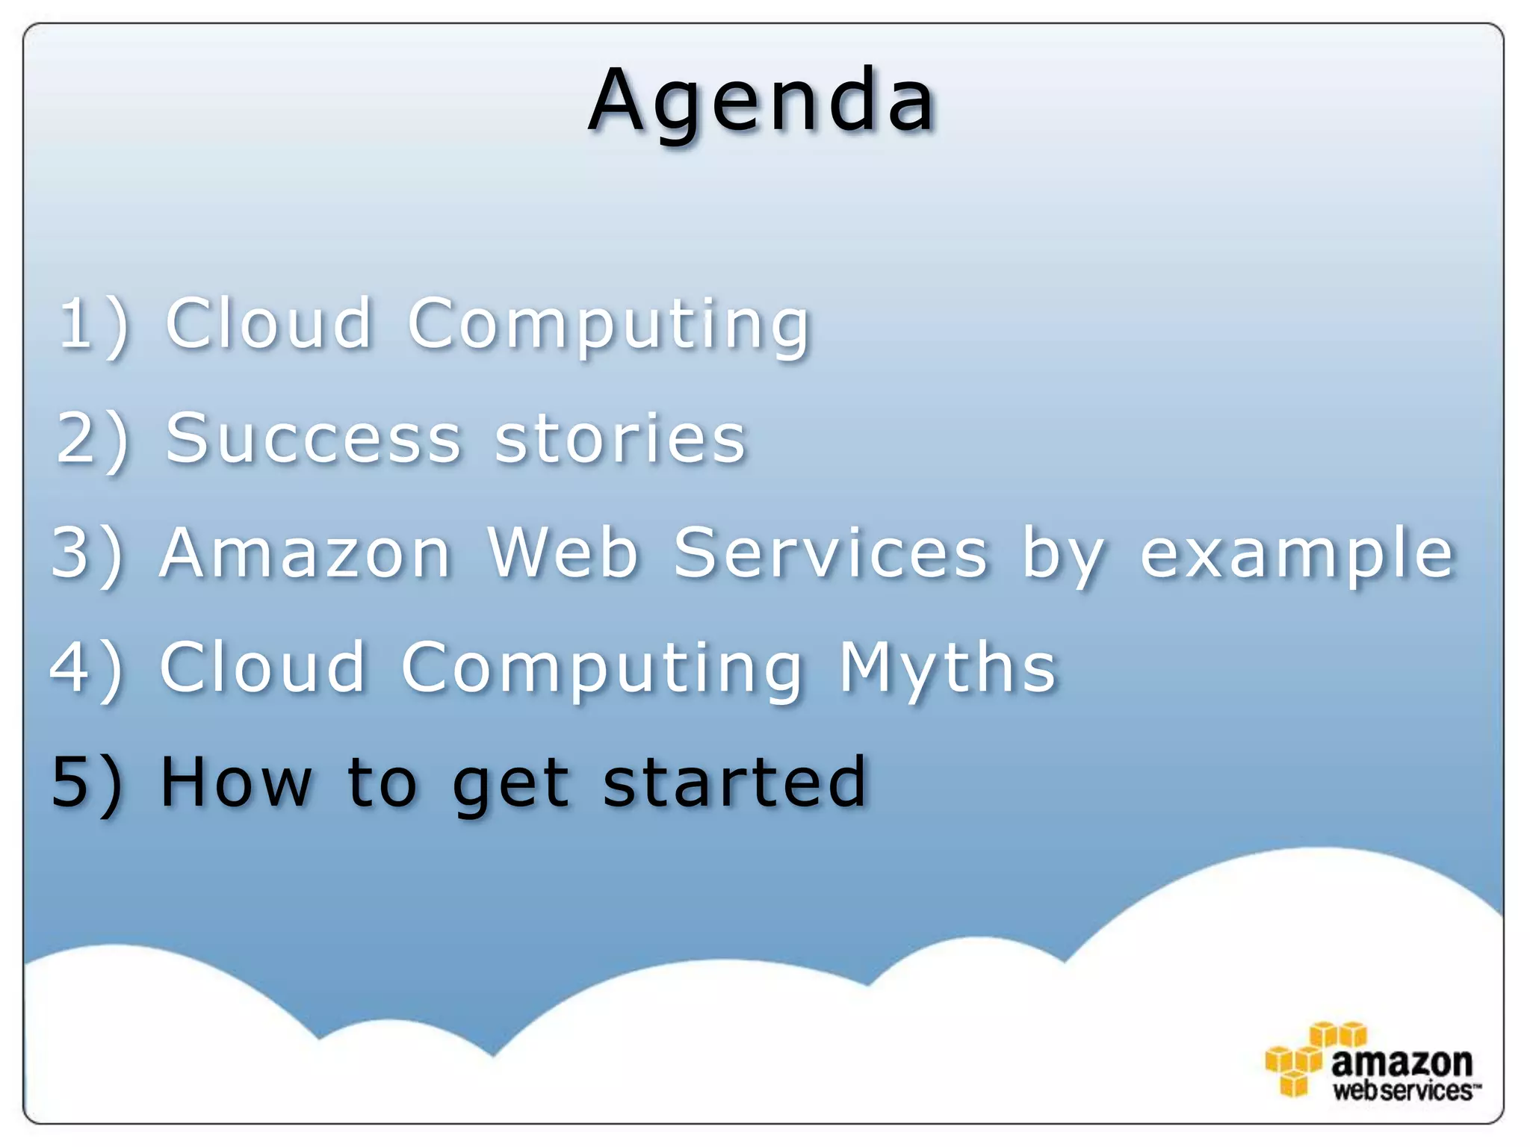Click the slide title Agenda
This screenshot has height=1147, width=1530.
762,101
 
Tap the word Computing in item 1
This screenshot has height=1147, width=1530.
609,325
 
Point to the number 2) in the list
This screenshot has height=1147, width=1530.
93,439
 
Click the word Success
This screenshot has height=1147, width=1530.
314,439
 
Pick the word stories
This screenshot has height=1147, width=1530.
620,439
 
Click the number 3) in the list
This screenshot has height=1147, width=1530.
87,553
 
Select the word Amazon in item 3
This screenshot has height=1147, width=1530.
306,553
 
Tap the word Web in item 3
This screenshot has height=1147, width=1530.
563,553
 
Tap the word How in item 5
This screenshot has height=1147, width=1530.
235,782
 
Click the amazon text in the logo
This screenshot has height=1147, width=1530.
1402,1061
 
